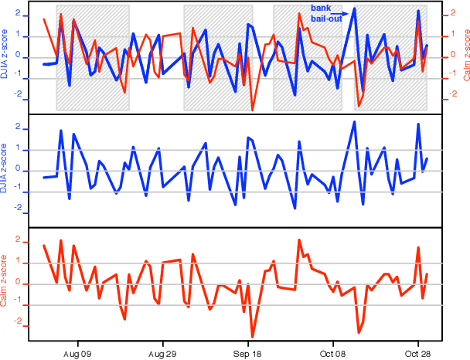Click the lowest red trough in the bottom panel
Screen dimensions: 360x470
252,337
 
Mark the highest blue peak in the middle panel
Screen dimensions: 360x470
354,121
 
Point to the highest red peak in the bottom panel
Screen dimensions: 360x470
299,240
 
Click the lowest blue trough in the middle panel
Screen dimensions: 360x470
295,208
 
